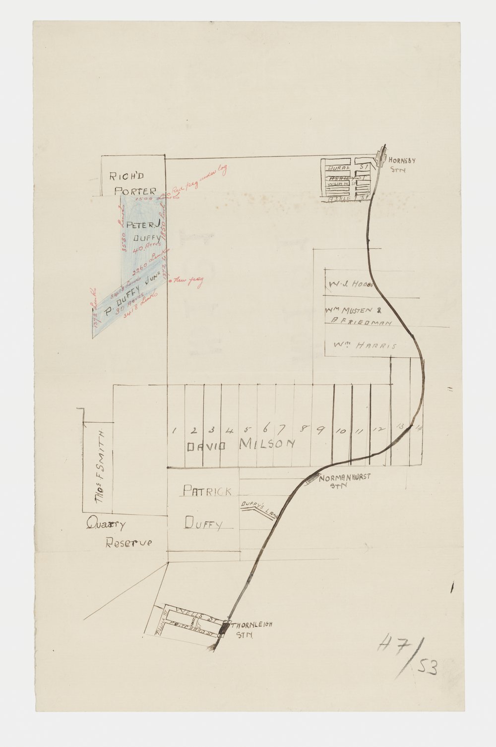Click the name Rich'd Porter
133,183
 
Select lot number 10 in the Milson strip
341,431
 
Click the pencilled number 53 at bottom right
428,670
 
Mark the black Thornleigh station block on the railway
223,629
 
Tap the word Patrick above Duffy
207,491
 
